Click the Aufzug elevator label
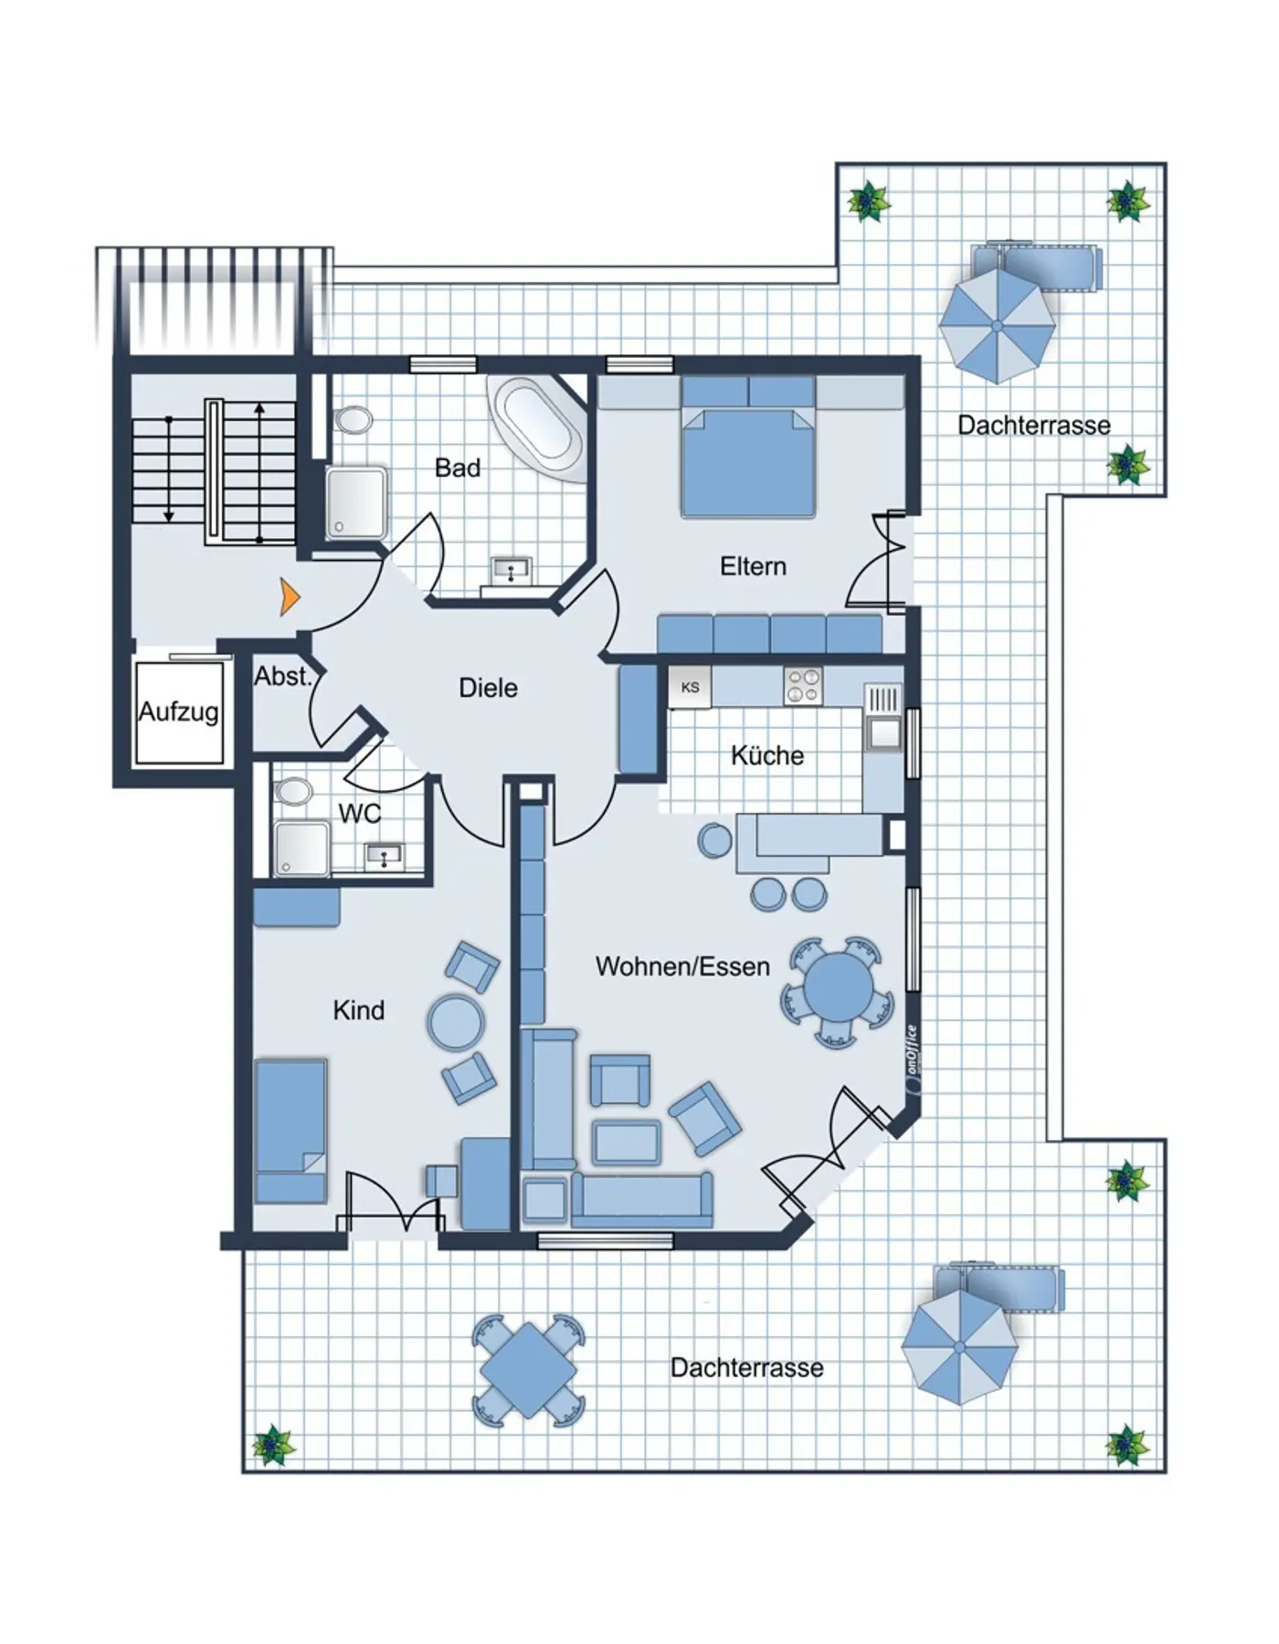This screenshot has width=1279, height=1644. point(178,711)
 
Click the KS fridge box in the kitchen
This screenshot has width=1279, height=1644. point(690,687)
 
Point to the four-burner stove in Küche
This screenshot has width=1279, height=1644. point(803,686)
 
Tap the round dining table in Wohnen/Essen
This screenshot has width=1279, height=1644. point(838,990)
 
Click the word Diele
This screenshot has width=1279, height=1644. point(488,688)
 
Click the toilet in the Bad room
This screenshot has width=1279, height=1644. point(353,420)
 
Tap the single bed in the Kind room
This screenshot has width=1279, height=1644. point(291,1131)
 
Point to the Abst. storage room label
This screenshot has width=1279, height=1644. point(283,677)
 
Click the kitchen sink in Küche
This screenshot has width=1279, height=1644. point(883,718)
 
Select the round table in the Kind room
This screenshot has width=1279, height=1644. point(456,1022)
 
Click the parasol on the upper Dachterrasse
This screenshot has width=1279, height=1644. point(997,325)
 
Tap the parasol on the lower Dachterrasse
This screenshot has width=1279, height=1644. point(959,1348)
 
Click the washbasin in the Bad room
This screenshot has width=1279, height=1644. point(511,572)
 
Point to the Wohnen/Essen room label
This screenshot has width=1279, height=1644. point(682,966)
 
